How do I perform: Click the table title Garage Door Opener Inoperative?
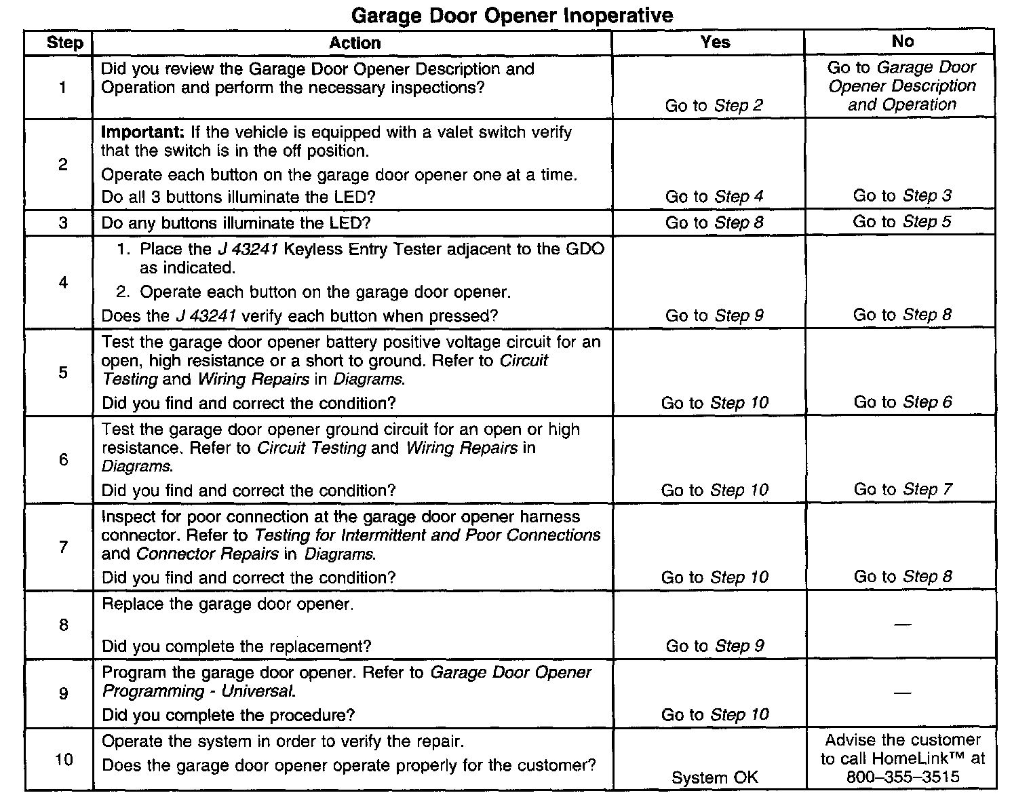(x=513, y=16)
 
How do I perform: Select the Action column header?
(x=355, y=43)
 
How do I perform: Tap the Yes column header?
(x=715, y=42)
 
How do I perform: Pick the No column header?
(x=902, y=41)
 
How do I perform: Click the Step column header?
(x=64, y=43)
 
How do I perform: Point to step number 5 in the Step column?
(x=63, y=372)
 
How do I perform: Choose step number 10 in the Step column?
(x=63, y=759)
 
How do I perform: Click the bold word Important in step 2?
(x=142, y=132)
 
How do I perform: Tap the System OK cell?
(x=714, y=777)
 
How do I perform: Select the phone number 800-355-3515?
(x=903, y=777)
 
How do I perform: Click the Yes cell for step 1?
(x=714, y=105)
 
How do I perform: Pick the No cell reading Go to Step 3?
(x=902, y=196)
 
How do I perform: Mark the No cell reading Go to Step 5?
(x=902, y=222)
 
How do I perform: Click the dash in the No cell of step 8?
(x=902, y=624)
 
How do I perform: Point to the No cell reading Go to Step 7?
(x=903, y=489)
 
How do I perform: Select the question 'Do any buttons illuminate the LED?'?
(x=236, y=223)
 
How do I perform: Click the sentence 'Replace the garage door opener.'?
(x=227, y=604)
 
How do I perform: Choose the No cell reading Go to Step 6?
(x=903, y=402)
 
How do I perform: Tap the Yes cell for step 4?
(x=714, y=315)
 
